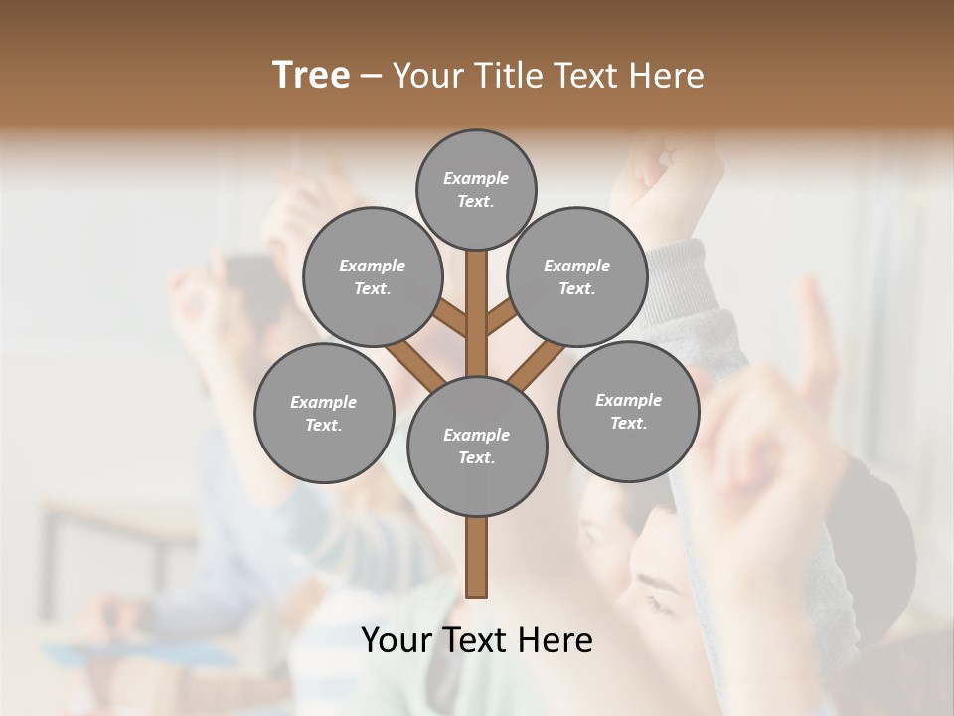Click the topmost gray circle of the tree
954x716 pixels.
476,189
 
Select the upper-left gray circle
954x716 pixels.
373,276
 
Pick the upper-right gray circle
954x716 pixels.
577,276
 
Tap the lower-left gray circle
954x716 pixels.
324,413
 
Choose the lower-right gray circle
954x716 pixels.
628,411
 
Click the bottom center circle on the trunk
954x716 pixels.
477,446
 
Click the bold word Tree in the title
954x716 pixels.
311,75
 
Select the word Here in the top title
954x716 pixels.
667,76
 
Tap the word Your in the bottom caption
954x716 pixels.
397,640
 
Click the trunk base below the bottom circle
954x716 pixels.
477,557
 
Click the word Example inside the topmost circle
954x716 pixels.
476,178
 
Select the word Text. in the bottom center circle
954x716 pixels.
476,457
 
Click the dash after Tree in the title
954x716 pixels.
372,76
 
